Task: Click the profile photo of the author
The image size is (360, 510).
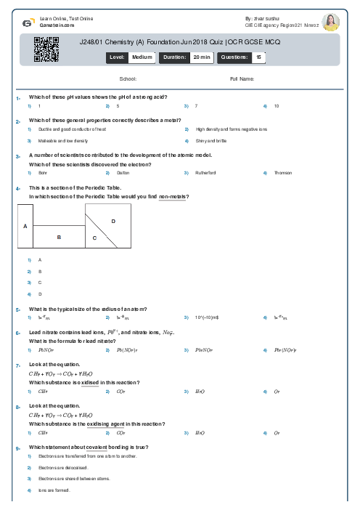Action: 330,23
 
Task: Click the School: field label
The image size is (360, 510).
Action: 128,78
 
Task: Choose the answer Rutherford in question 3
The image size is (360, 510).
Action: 205,173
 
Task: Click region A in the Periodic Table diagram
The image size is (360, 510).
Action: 25,226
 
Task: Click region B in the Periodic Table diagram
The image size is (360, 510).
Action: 60,237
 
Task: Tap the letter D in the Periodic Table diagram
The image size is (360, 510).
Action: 113,220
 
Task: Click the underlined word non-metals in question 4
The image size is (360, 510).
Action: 173,197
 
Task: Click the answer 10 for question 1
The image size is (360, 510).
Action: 277,106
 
